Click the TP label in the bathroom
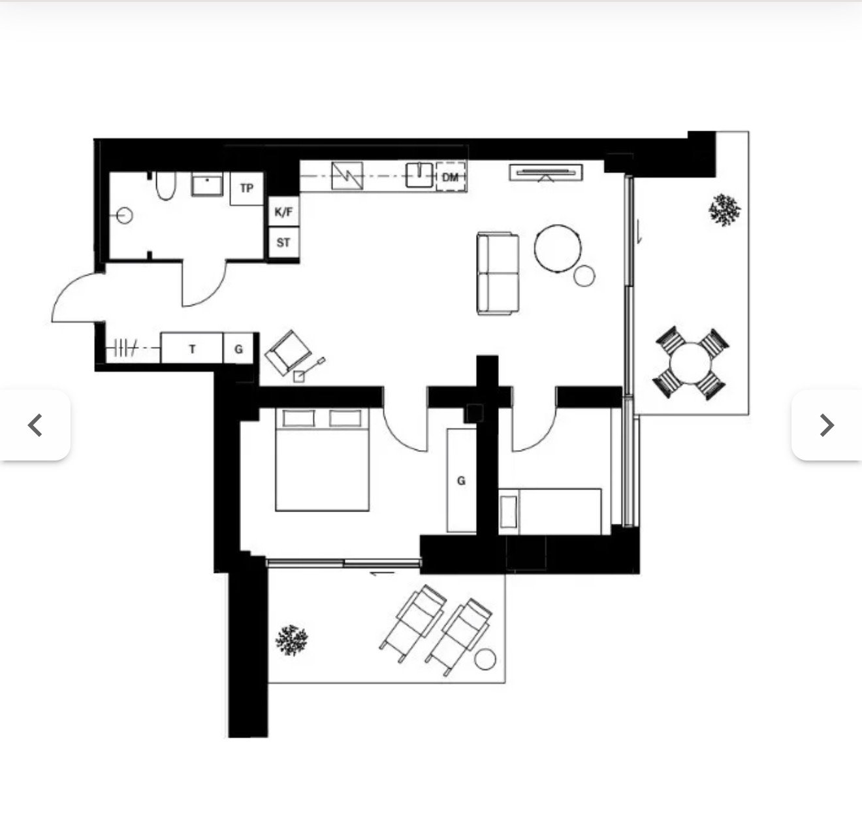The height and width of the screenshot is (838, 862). (x=247, y=188)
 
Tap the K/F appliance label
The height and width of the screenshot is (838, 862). (x=283, y=212)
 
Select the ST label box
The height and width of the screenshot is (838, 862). (x=283, y=242)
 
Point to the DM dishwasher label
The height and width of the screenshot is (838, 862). (x=451, y=177)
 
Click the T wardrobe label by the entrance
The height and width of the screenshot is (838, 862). (x=192, y=349)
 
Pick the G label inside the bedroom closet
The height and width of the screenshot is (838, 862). (x=461, y=480)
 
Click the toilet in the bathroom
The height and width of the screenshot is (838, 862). (x=166, y=186)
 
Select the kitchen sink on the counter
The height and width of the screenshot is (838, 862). (x=419, y=176)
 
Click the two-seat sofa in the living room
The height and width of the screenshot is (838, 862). (x=498, y=274)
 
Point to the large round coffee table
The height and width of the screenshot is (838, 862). (x=558, y=248)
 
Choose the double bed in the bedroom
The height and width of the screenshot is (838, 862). (x=322, y=460)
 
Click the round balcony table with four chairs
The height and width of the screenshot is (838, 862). (x=690, y=363)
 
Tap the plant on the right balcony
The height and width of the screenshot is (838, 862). (x=724, y=210)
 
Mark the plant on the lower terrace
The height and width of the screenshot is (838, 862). (x=291, y=640)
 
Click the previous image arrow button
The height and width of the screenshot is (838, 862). (x=35, y=425)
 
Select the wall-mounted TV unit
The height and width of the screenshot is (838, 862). (x=546, y=173)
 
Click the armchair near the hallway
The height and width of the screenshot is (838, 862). (x=288, y=352)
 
